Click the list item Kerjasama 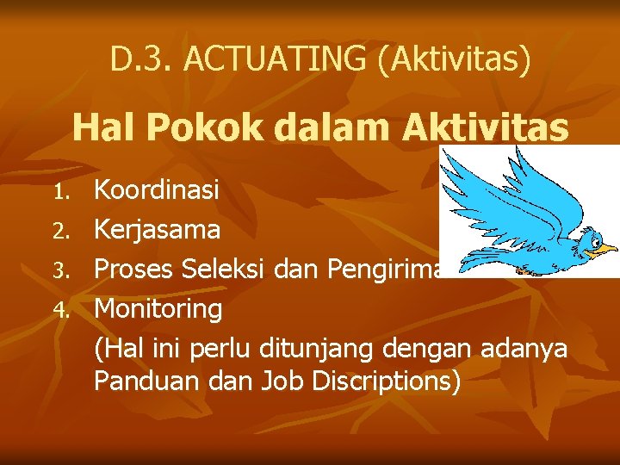pyautogui.click(x=157, y=230)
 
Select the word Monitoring pyautogui.click(x=158, y=307)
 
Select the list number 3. pyautogui.click(x=59, y=270)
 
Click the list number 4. pyautogui.click(x=59, y=309)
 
